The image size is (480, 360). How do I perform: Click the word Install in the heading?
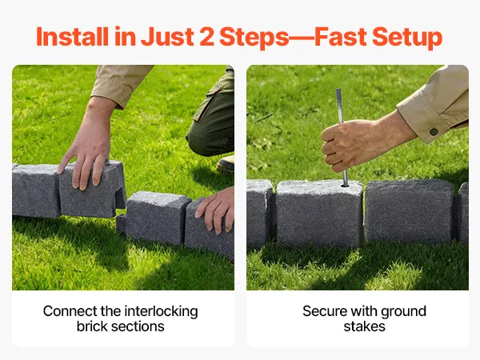tap(73, 37)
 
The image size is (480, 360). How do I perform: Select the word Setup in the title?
tap(407, 38)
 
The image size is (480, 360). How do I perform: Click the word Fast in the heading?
tap(341, 37)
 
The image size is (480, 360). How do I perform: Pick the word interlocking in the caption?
tap(161, 312)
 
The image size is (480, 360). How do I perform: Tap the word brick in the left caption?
tap(91, 326)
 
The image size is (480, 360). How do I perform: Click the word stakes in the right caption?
tap(364, 326)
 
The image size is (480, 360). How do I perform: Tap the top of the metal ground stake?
tap(338, 90)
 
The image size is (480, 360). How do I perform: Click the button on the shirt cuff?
tap(434, 132)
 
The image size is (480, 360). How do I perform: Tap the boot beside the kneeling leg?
tap(226, 165)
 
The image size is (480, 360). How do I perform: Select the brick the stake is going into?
tap(319, 214)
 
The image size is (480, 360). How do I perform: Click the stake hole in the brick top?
tap(345, 185)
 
